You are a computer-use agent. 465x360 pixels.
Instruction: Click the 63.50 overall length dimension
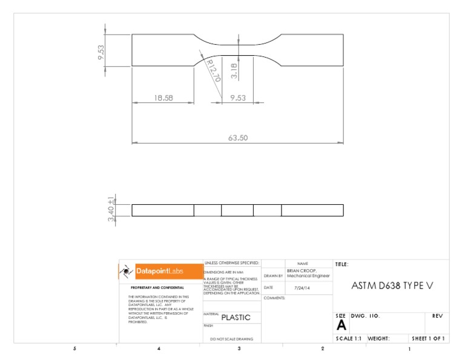238,138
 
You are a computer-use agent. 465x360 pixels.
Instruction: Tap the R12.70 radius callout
213,70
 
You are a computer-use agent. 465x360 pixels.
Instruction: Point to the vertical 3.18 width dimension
234,72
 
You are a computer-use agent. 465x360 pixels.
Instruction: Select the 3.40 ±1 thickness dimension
111,210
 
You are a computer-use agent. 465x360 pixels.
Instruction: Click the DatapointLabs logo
161,271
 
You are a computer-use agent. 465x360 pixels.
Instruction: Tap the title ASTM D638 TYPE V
392,286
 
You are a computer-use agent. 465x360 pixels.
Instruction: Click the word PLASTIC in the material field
236,317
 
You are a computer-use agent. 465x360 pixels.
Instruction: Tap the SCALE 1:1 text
348,339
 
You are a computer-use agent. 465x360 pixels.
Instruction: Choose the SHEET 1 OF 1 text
428,339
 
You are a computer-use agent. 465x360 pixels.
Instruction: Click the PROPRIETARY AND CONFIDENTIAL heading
157,287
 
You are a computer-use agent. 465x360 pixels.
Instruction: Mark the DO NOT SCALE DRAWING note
231,339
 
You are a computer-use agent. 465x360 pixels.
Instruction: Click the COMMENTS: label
274,298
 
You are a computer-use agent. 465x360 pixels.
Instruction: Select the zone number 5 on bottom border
74,349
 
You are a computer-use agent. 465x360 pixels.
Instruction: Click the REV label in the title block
437,316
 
